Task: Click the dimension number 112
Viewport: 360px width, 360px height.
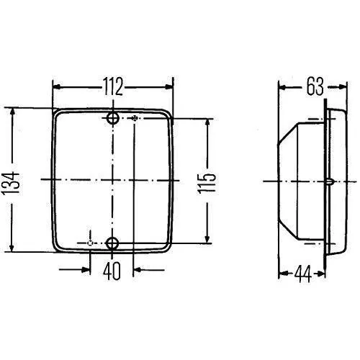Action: tap(113, 86)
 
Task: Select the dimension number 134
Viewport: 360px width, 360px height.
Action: tap(11, 183)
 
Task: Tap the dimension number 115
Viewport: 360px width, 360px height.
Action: tap(207, 184)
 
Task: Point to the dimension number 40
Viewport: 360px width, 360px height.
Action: tap(112, 271)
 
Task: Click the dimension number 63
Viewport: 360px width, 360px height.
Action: tap(315, 86)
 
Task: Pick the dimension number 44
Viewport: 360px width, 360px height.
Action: tap(302, 274)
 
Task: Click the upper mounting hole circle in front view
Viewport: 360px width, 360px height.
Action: tap(113, 118)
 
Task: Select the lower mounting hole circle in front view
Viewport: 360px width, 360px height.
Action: tap(112, 243)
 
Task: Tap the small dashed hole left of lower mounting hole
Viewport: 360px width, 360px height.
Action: tap(90, 243)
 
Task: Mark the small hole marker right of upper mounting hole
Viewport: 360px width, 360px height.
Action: tap(135, 118)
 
